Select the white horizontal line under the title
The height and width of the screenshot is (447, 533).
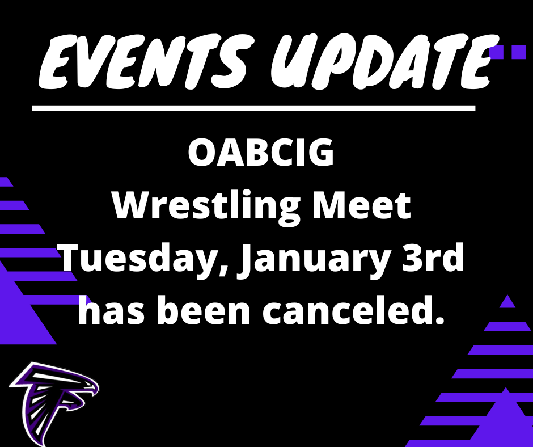[x=253, y=108]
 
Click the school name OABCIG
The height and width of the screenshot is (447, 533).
[x=261, y=153]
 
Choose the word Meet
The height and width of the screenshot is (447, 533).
[x=362, y=206]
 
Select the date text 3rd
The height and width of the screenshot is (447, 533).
[x=433, y=257]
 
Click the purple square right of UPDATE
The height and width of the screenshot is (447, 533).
[x=519, y=52]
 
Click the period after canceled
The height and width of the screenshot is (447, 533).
[x=439, y=319]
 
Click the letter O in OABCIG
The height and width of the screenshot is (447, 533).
[x=202, y=153]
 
